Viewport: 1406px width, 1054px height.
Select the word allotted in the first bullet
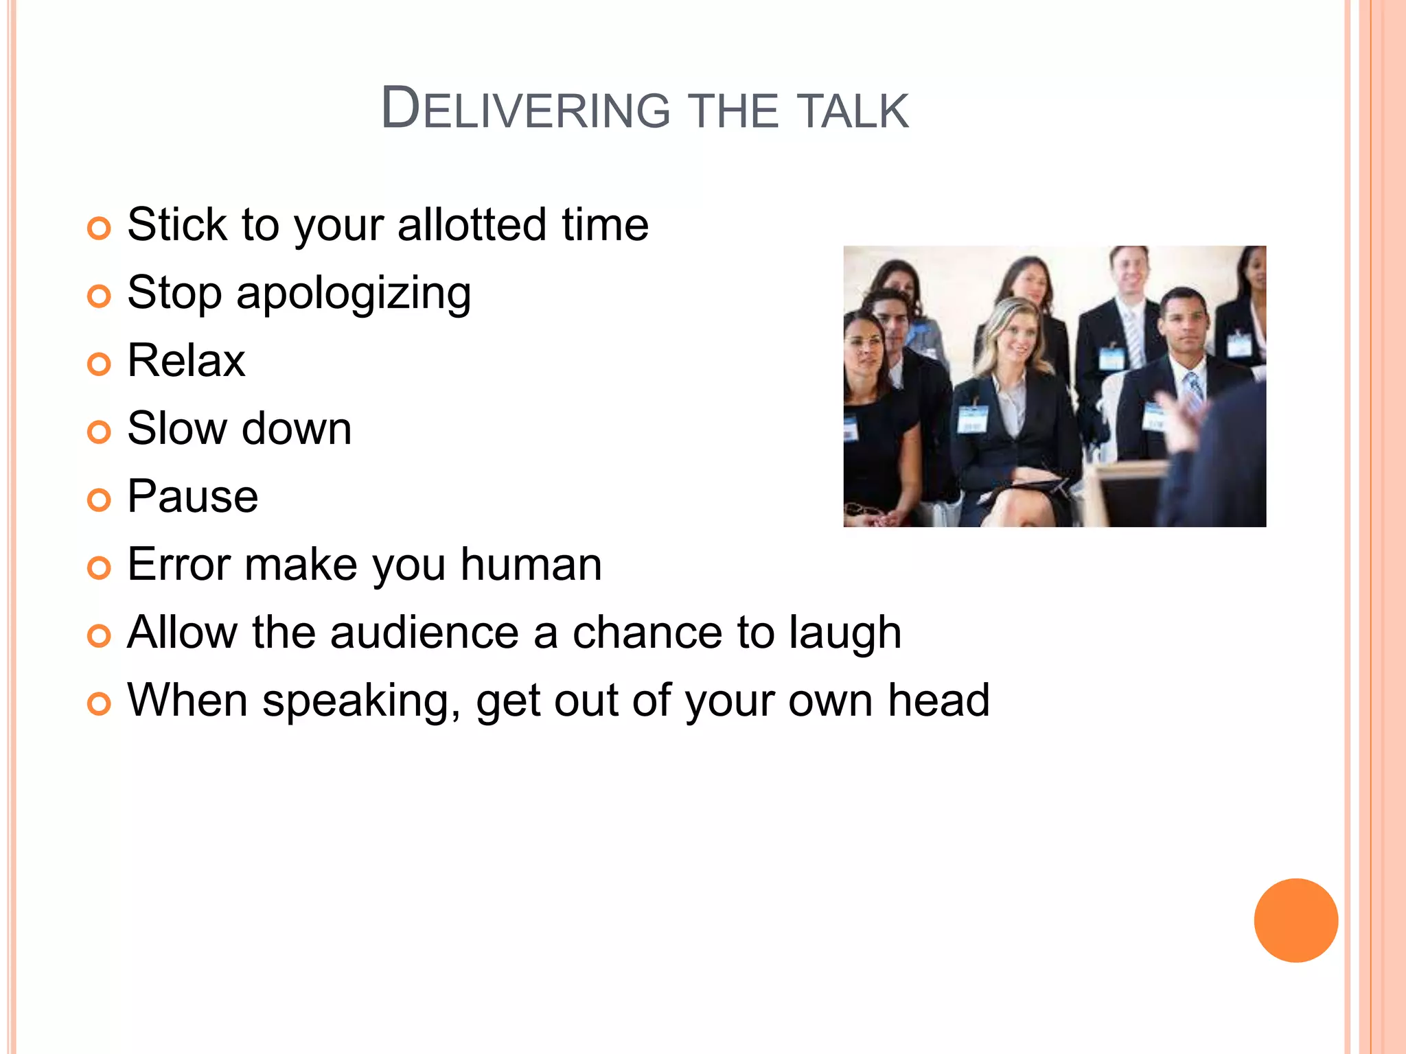coord(472,225)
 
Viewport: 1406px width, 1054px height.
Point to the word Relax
coord(186,361)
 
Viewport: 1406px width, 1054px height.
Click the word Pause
coord(193,497)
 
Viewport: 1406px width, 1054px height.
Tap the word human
coord(531,565)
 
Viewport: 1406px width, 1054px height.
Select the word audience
coord(424,633)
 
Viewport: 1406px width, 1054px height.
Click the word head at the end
coord(938,701)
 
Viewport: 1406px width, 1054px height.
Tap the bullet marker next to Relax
coord(99,364)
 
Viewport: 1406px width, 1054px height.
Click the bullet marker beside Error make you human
coord(99,568)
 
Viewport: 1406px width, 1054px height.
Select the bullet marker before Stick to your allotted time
coord(99,229)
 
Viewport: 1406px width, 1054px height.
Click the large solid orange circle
coord(1295,920)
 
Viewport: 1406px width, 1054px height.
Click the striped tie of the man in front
coord(1195,391)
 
